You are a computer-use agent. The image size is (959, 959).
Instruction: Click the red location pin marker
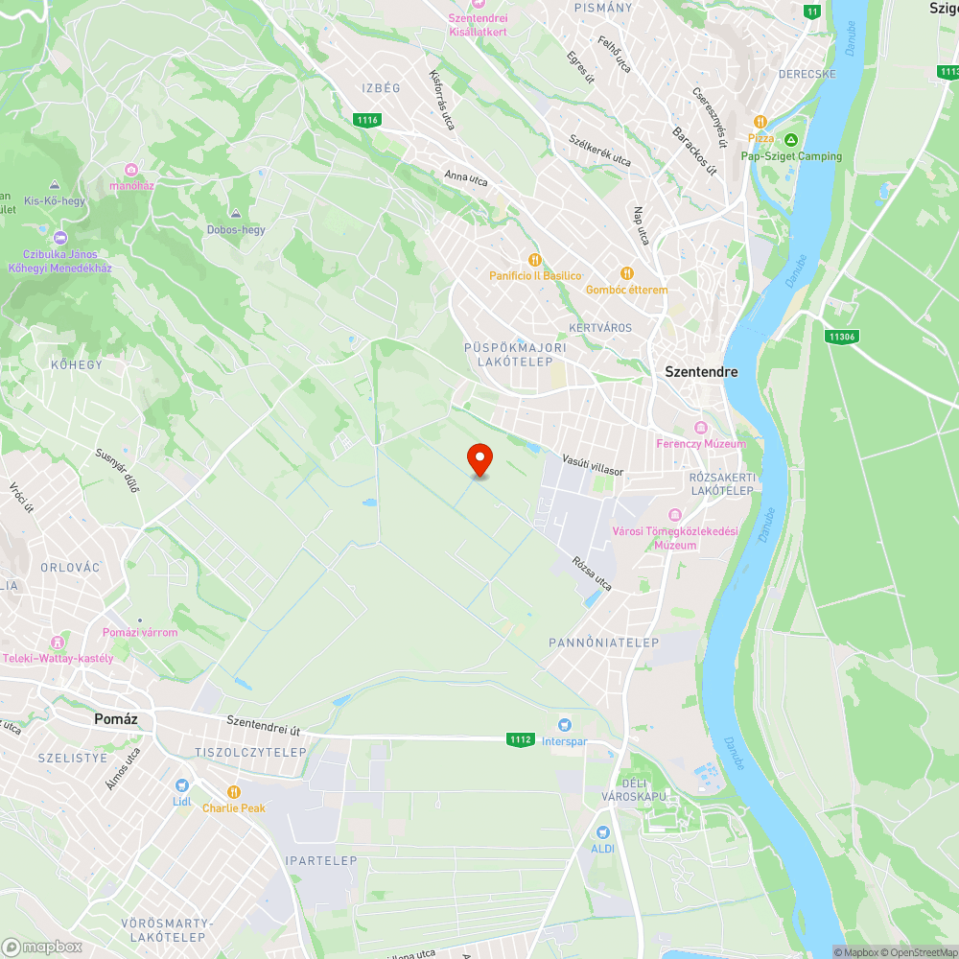pos(479,459)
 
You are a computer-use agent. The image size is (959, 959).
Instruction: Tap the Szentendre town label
pos(702,371)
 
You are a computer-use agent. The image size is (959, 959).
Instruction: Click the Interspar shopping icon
pos(565,725)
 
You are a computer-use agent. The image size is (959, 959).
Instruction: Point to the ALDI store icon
pos(602,832)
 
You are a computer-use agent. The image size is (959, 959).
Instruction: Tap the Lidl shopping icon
pos(182,785)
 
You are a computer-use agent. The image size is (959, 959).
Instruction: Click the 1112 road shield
pos(521,739)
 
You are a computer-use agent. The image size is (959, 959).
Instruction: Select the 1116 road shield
pos(366,120)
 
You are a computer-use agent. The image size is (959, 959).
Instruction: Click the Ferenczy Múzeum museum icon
pos(701,427)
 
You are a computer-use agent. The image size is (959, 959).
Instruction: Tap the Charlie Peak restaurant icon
pos(234,791)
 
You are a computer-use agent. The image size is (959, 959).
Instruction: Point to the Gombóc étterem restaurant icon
pos(627,273)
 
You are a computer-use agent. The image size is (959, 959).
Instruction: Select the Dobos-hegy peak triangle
pos(236,213)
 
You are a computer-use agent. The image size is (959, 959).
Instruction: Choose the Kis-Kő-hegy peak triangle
pos(55,184)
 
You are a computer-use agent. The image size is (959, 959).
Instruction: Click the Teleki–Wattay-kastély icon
pos(58,641)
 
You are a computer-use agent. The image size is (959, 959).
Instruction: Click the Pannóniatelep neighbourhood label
pos(604,643)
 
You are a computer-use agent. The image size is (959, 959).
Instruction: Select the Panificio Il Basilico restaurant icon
pos(535,259)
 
